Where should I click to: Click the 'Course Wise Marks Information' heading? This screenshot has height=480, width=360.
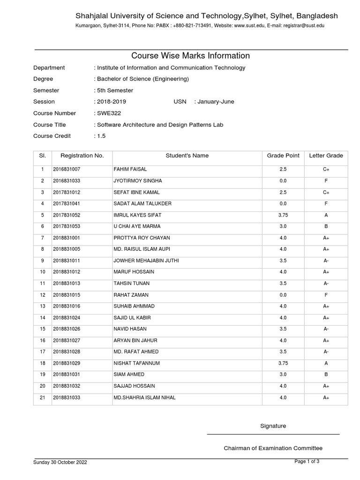point(190,56)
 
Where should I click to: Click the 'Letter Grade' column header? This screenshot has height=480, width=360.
point(326,156)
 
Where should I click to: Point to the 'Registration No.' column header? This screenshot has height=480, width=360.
point(82,156)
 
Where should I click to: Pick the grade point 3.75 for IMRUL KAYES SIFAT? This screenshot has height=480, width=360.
point(283,215)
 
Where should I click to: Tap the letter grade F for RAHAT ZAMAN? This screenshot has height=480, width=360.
point(326,295)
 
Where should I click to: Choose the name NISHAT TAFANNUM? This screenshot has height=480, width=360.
point(136,363)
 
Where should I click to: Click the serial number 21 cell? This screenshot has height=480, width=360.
point(42,397)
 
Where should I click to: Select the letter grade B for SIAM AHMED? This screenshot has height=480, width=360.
point(326,375)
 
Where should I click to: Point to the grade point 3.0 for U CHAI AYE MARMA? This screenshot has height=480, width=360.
point(283,226)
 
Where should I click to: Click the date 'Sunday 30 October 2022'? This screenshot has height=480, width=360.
point(60,462)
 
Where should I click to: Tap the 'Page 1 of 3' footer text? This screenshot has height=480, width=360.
point(307,462)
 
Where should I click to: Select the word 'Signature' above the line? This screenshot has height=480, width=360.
point(273,426)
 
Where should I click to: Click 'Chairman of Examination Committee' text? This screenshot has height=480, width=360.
point(273,449)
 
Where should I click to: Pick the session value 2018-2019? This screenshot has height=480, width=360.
point(111,102)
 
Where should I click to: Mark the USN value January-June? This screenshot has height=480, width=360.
point(216,102)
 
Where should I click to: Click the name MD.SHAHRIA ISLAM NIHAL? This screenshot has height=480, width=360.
point(144,397)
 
